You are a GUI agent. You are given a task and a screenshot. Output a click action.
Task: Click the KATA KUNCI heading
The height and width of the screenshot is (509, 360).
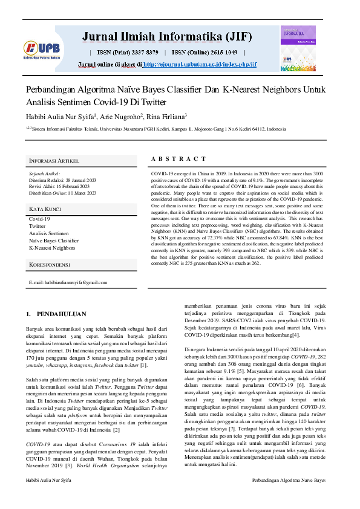(x=46, y=209)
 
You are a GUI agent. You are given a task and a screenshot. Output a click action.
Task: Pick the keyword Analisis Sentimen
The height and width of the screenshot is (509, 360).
(x=49, y=233)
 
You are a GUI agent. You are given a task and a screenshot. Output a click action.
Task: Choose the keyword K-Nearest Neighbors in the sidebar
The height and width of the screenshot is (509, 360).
(x=53, y=248)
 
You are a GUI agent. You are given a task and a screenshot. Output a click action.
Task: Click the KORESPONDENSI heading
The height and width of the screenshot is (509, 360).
(x=51, y=265)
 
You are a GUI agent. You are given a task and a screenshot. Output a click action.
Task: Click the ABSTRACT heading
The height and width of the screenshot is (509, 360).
(x=178, y=159)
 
